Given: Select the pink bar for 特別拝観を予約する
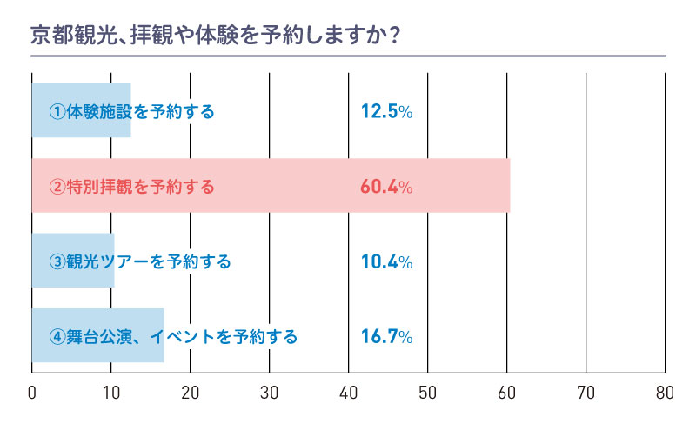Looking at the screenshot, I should (x=270, y=186).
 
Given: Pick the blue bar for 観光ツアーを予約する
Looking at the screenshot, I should (x=73, y=261).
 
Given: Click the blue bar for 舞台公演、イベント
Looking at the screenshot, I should (x=97, y=335).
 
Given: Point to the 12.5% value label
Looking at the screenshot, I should (x=385, y=111).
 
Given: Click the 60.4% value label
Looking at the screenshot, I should (x=385, y=186).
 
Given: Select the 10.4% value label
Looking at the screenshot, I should (x=385, y=261).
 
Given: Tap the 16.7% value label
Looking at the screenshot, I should (x=385, y=335).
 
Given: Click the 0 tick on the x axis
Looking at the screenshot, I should (x=32, y=392).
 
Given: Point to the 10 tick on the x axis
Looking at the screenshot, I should (x=111, y=392).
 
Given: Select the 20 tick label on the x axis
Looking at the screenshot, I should (x=191, y=392).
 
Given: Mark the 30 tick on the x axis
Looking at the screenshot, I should (x=270, y=392).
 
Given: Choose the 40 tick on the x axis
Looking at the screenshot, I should (x=349, y=392).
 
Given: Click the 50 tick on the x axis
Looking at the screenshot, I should (x=428, y=392).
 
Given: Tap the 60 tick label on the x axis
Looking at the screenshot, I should (x=507, y=392).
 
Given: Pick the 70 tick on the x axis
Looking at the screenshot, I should (x=586, y=392).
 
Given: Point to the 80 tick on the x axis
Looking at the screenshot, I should (x=666, y=392).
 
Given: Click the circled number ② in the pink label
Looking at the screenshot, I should (x=57, y=187).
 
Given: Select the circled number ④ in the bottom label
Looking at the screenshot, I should (x=57, y=336).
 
